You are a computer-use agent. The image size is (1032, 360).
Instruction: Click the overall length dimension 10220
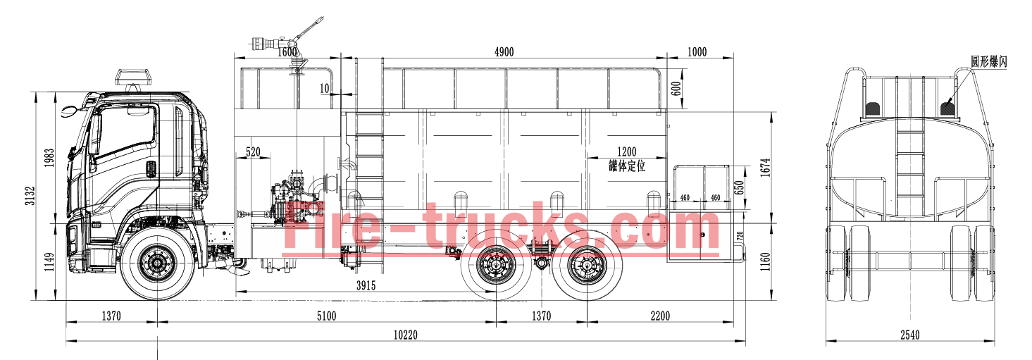pos(406,335)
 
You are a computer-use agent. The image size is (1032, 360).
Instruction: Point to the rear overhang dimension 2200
pos(660,316)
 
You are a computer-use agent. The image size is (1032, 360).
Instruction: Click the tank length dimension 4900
pos(504,51)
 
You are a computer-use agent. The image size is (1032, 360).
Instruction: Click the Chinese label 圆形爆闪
pos(988,62)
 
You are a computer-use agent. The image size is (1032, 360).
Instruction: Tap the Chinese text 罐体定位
pos(627,166)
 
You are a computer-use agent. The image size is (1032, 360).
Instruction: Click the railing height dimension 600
pos(676,89)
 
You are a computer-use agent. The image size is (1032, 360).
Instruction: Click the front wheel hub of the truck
pos(156,263)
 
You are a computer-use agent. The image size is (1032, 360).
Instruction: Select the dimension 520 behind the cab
pos(252,151)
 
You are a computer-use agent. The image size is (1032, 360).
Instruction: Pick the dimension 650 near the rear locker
pos(739,187)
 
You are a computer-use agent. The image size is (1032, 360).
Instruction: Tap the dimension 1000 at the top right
pos(697,51)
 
